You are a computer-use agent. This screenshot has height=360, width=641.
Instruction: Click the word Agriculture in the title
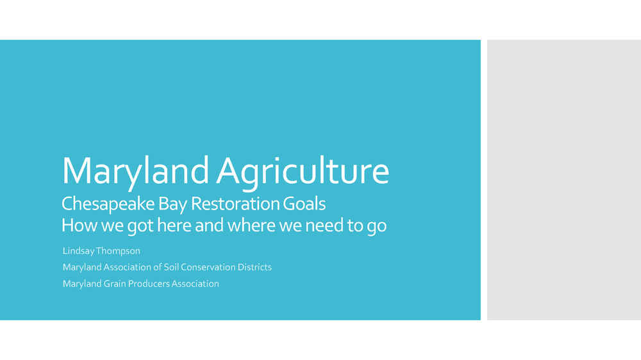click(x=303, y=172)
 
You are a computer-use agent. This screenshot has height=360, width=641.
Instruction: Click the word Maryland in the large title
click(x=135, y=172)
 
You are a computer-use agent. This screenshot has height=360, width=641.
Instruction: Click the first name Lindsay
click(x=78, y=251)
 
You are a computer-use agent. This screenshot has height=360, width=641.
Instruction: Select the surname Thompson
click(x=118, y=251)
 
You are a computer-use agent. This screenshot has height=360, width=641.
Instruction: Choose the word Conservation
click(x=208, y=267)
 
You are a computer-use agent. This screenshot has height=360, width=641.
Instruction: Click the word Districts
click(x=254, y=267)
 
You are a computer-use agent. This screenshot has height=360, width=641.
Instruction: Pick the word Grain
click(x=115, y=284)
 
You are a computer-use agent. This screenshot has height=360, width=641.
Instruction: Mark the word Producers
click(x=149, y=284)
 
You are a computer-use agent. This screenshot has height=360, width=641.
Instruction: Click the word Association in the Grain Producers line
click(x=195, y=284)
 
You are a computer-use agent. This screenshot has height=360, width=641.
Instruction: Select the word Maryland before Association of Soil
click(x=82, y=267)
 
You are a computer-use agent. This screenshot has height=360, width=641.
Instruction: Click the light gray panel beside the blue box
click(x=563, y=180)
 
